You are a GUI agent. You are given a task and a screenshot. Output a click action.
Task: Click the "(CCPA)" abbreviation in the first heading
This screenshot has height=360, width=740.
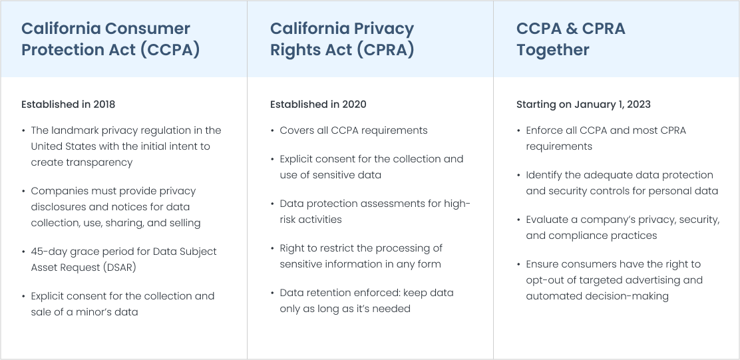[x=170, y=50]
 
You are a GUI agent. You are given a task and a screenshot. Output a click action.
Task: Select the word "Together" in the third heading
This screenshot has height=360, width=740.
[x=552, y=50]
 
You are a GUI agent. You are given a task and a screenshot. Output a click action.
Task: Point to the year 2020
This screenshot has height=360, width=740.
[x=354, y=104]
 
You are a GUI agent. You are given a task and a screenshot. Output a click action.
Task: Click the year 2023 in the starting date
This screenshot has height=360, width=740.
[x=638, y=104]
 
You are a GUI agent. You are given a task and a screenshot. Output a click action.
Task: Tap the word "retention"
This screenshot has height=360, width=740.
[x=329, y=293]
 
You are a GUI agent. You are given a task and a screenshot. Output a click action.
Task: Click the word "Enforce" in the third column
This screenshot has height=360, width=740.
[x=544, y=130]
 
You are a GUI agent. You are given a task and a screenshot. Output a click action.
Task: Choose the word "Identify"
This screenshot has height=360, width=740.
[x=545, y=175]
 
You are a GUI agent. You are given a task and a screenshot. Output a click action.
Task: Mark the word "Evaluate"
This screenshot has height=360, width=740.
[x=547, y=220]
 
